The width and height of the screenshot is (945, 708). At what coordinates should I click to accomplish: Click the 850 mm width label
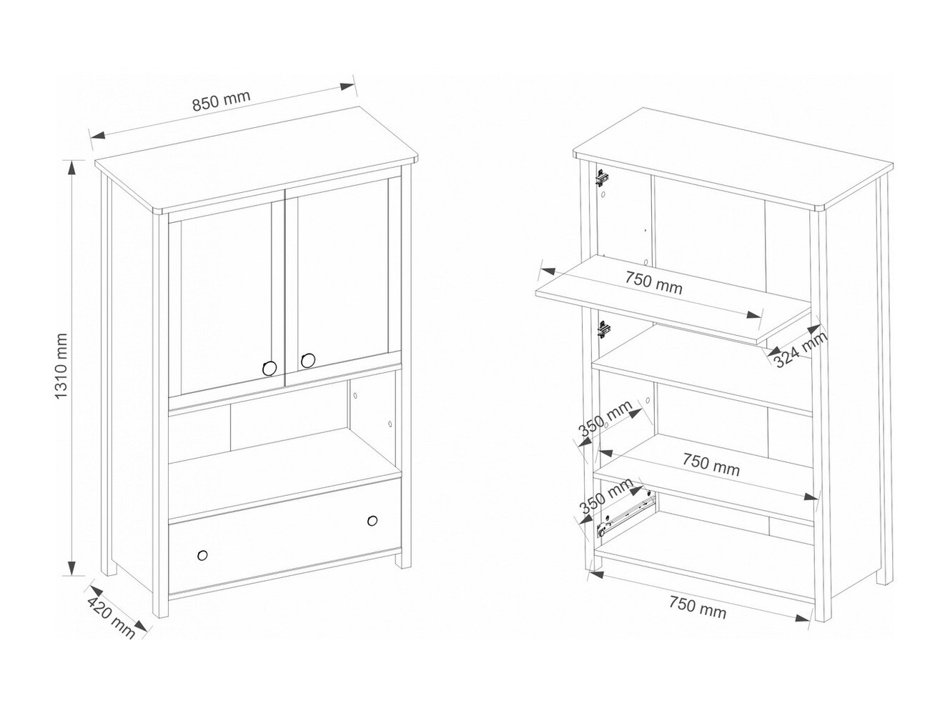tap(221, 101)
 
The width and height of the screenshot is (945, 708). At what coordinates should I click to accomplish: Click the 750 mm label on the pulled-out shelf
tap(654, 283)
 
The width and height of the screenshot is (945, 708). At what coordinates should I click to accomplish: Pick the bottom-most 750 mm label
tap(697, 607)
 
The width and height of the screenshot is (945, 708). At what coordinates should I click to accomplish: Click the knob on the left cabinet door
tap(269, 368)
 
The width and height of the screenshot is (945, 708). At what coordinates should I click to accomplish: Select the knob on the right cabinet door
tap(308, 361)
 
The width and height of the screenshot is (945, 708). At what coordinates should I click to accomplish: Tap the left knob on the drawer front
tap(202, 555)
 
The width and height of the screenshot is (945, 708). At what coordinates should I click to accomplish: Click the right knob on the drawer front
tap(373, 521)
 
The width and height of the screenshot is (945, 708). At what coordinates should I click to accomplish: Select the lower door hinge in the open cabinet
tap(603, 331)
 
